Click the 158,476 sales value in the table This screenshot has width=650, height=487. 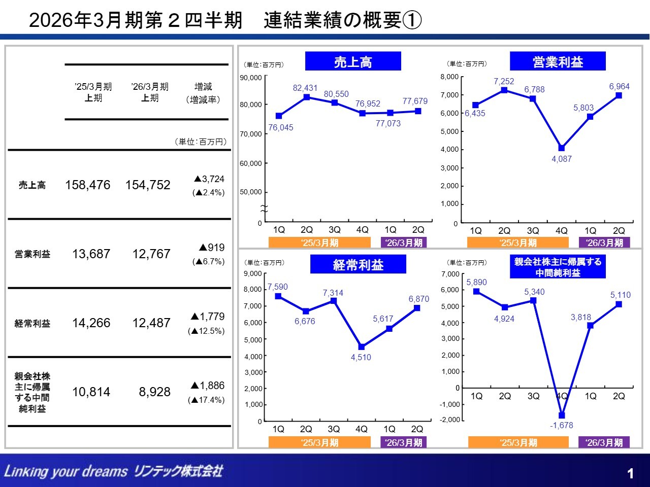tap(87, 185)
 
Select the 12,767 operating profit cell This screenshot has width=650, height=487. tap(151, 254)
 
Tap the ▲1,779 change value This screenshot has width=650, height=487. tap(207, 317)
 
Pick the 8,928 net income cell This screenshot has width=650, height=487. tap(154, 392)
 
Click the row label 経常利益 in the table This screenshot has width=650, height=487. tap(32, 323)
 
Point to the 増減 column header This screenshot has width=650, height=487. tap(203, 87)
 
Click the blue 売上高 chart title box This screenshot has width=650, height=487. tap(353, 61)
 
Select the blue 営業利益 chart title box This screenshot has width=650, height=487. tap(558, 61)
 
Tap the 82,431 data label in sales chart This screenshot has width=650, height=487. tap(305, 88)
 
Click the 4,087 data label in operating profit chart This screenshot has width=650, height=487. tap(562, 159)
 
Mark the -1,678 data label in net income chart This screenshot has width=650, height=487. tap(561, 425)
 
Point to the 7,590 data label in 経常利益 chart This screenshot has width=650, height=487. tap(278, 287)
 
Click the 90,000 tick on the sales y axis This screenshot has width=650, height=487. tap(251, 78)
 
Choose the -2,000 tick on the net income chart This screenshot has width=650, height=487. tap(450, 420)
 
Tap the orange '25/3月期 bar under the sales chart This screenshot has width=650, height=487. tap(320, 243)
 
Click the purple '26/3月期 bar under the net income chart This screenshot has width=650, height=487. tap(604, 442)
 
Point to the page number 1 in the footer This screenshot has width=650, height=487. tap(630, 474)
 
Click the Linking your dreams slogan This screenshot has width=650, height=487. tap(66, 471)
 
